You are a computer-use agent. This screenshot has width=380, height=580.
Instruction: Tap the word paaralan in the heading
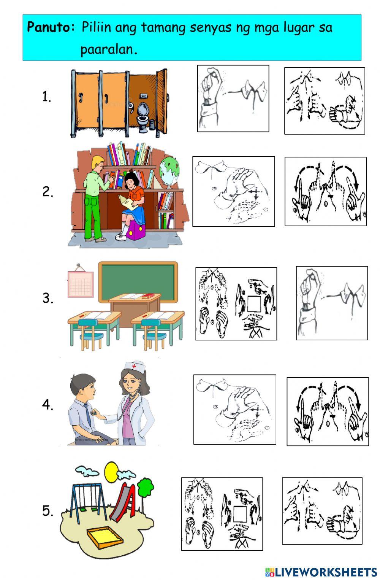coord(109,49)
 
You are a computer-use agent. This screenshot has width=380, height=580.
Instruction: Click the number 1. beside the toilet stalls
coord(47,97)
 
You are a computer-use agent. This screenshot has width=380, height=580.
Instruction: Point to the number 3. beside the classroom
coord(48,298)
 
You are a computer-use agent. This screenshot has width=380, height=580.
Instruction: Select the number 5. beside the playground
coord(48,510)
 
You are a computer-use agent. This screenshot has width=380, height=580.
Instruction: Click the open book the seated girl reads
coord(128,202)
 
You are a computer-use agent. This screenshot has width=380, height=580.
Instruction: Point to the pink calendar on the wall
coord(81,283)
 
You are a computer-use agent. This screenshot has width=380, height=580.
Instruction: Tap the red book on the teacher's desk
coord(148,296)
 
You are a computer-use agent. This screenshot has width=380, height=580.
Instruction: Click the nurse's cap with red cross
coord(134,366)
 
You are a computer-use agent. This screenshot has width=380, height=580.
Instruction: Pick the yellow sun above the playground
coord(111,472)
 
